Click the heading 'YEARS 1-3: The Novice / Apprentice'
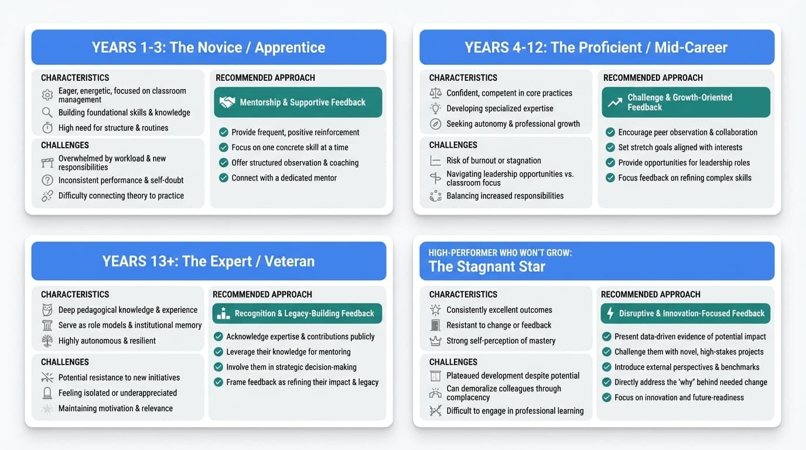click(x=208, y=47)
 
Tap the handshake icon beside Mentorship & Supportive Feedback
click(x=227, y=103)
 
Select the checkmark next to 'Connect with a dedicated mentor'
click(x=223, y=178)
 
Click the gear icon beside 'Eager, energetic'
click(x=47, y=95)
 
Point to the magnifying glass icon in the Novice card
click(x=47, y=112)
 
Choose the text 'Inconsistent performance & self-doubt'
click(x=121, y=180)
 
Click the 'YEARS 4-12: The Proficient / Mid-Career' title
click(x=596, y=47)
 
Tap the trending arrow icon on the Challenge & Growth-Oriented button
click(x=614, y=103)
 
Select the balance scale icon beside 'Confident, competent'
click(x=435, y=93)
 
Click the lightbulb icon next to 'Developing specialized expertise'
click(x=435, y=108)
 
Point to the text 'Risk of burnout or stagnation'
click(x=493, y=161)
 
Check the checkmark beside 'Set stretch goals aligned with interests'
click(x=610, y=148)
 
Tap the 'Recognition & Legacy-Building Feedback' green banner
click(x=297, y=313)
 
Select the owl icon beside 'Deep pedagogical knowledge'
click(x=47, y=310)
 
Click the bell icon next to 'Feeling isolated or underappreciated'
click(x=47, y=393)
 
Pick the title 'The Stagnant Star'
click(x=487, y=267)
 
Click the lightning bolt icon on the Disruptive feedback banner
click(x=610, y=313)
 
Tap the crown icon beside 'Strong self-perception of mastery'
click(x=435, y=340)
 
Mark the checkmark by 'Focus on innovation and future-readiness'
click(x=606, y=397)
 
